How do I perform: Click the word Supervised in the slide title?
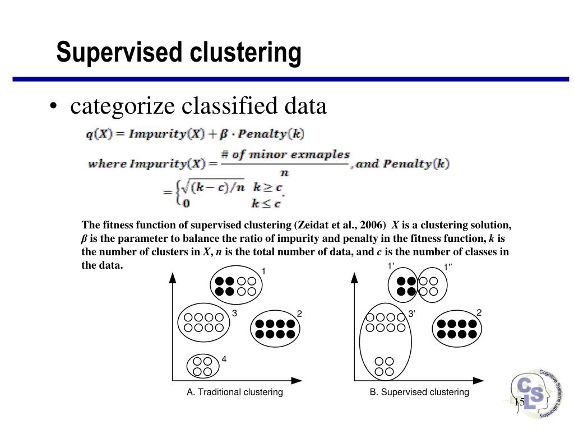pyautogui.click(x=119, y=53)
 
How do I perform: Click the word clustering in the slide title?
pyautogui.click(x=244, y=53)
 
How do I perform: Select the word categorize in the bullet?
pyautogui.click(x=127, y=106)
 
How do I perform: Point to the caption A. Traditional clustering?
pyautogui.click(x=235, y=392)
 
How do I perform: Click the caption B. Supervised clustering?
pyautogui.click(x=419, y=392)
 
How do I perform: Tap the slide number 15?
pyautogui.click(x=519, y=402)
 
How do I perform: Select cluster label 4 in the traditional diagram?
pyautogui.click(x=224, y=359)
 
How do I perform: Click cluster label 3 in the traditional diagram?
pyautogui.click(x=234, y=314)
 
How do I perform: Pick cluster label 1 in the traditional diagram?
pyautogui.click(x=262, y=272)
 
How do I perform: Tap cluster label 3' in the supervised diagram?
pyautogui.click(x=411, y=314)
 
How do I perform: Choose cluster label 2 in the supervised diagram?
pyautogui.click(x=479, y=312)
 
